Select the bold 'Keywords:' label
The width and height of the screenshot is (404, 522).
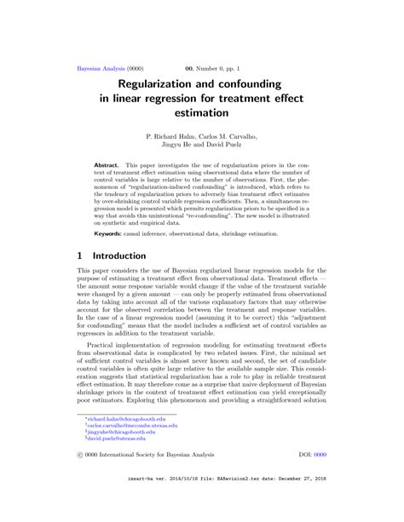point(108,232)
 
